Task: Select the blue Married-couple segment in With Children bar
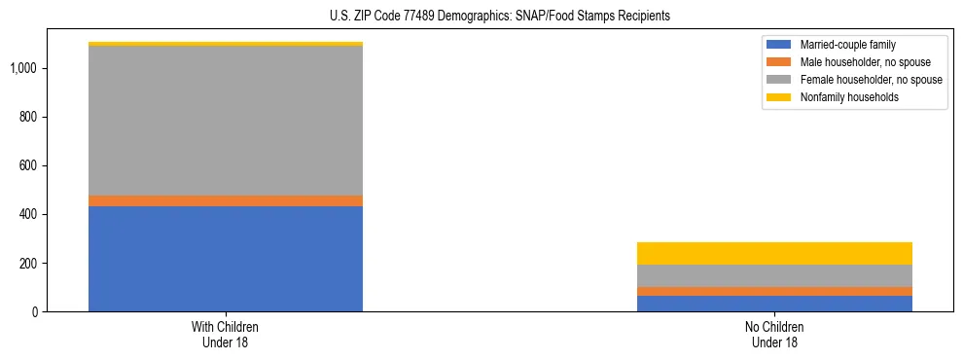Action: pos(226,259)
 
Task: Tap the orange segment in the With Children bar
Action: pos(226,200)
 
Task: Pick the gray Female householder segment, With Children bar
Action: pos(226,121)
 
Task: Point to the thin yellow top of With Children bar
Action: pos(226,44)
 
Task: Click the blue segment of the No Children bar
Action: pos(774,304)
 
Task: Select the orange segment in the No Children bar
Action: pos(774,291)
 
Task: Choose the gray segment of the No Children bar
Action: pos(774,275)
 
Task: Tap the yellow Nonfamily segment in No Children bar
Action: pos(774,253)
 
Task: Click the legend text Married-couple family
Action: pos(847,45)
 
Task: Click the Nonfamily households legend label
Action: pos(849,97)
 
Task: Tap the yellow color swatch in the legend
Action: pos(780,97)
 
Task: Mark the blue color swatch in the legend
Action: pos(780,45)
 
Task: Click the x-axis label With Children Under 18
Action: pos(226,335)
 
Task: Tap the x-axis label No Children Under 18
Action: pos(774,335)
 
